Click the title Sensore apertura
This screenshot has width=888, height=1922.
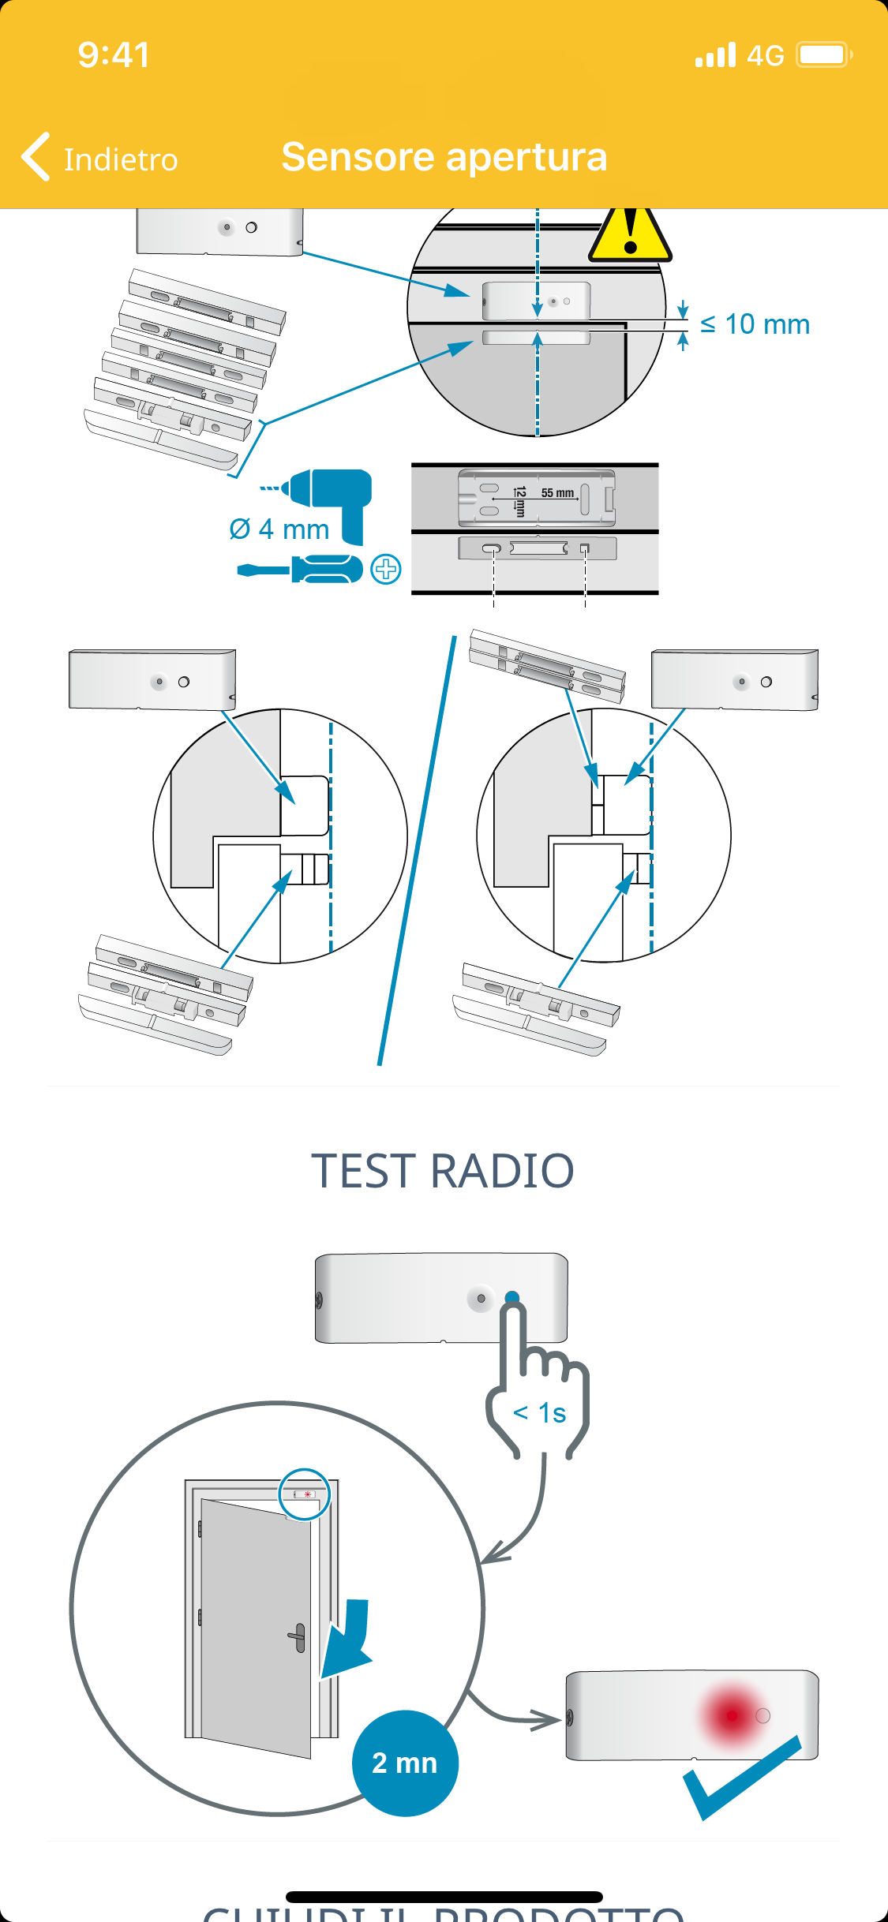tap(444, 156)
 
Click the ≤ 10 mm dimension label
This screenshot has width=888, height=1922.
tap(755, 324)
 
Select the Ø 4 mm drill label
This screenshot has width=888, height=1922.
tap(279, 529)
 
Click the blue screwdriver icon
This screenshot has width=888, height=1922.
tap(300, 569)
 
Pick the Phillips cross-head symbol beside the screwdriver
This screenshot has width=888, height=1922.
tap(386, 569)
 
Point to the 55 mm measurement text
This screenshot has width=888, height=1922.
tap(557, 493)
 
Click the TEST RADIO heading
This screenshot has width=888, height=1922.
tap(443, 1170)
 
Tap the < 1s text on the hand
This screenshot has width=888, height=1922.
tap(540, 1412)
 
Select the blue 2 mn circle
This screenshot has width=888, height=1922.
tap(405, 1763)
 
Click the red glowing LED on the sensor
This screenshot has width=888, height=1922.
tap(732, 1714)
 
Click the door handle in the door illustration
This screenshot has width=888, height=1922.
tap(298, 1637)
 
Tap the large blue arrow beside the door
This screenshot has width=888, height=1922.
tap(348, 1637)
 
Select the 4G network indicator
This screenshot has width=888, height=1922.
tap(765, 55)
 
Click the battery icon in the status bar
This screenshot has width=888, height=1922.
tap(824, 54)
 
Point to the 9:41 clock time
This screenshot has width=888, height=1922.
tap(114, 55)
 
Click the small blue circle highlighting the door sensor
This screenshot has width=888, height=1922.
tap(305, 1494)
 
